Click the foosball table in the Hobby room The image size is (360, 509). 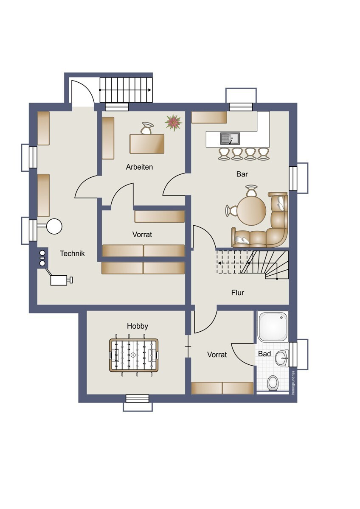click(x=133, y=355)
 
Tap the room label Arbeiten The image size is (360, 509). click(x=139, y=167)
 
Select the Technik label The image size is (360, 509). click(x=72, y=254)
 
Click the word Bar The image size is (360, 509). click(x=242, y=174)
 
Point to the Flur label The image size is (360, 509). click(x=238, y=293)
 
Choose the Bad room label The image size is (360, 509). click(x=264, y=354)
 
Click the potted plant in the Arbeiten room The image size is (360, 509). click(x=173, y=123)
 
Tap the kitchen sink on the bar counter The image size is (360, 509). click(x=230, y=138)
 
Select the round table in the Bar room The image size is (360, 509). click(x=251, y=211)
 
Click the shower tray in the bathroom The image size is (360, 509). click(x=273, y=327)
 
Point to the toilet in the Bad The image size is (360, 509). click(x=273, y=383)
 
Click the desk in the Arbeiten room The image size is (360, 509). click(x=147, y=143)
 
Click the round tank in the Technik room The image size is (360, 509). click(x=54, y=226)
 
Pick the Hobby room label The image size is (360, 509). click(x=138, y=326)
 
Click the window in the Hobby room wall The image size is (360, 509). click(x=138, y=399)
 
